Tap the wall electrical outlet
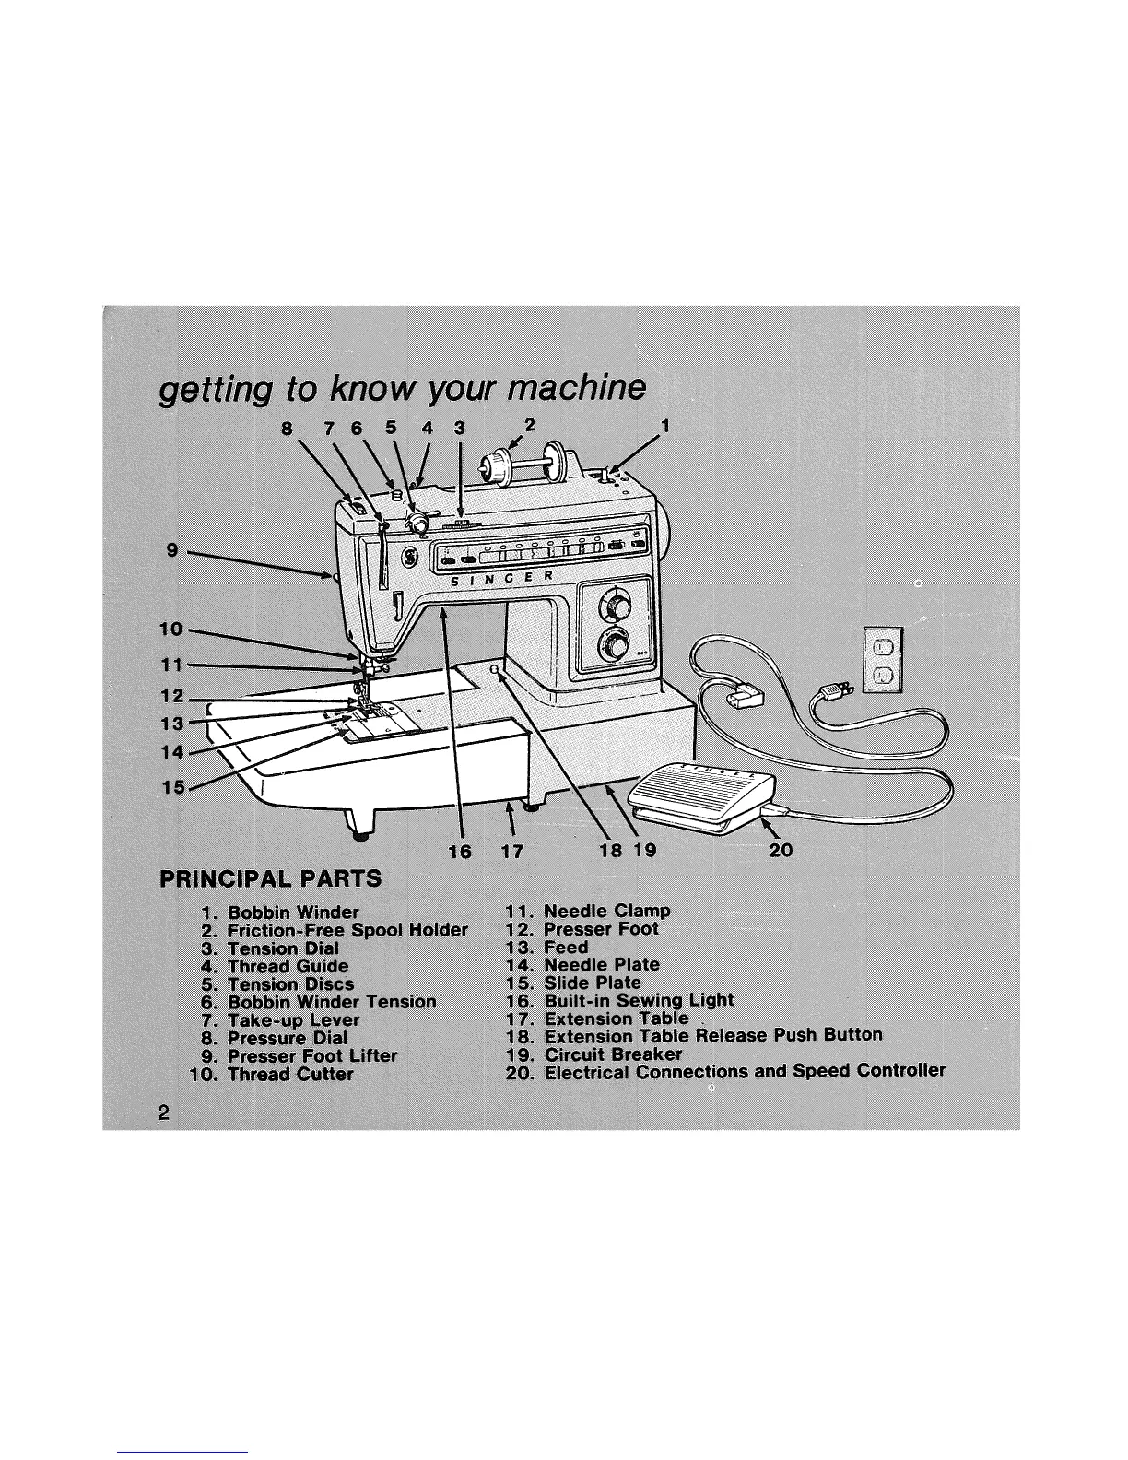point(881,659)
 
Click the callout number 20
point(780,849)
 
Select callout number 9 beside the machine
point(172,550)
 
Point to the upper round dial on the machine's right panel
point(615,606)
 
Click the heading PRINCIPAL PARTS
point(270,877)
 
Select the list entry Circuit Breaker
point(613,1054)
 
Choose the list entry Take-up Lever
point(293,1020)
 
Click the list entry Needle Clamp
point(606,911)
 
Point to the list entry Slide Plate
point(592,983)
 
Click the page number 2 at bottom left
point(163,1112)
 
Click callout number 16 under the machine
point(459,851)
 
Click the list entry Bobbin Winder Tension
point(332,1002)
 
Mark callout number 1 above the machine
point(664,426)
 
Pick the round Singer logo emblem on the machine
point(408,558)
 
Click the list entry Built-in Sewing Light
point(639,1000)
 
